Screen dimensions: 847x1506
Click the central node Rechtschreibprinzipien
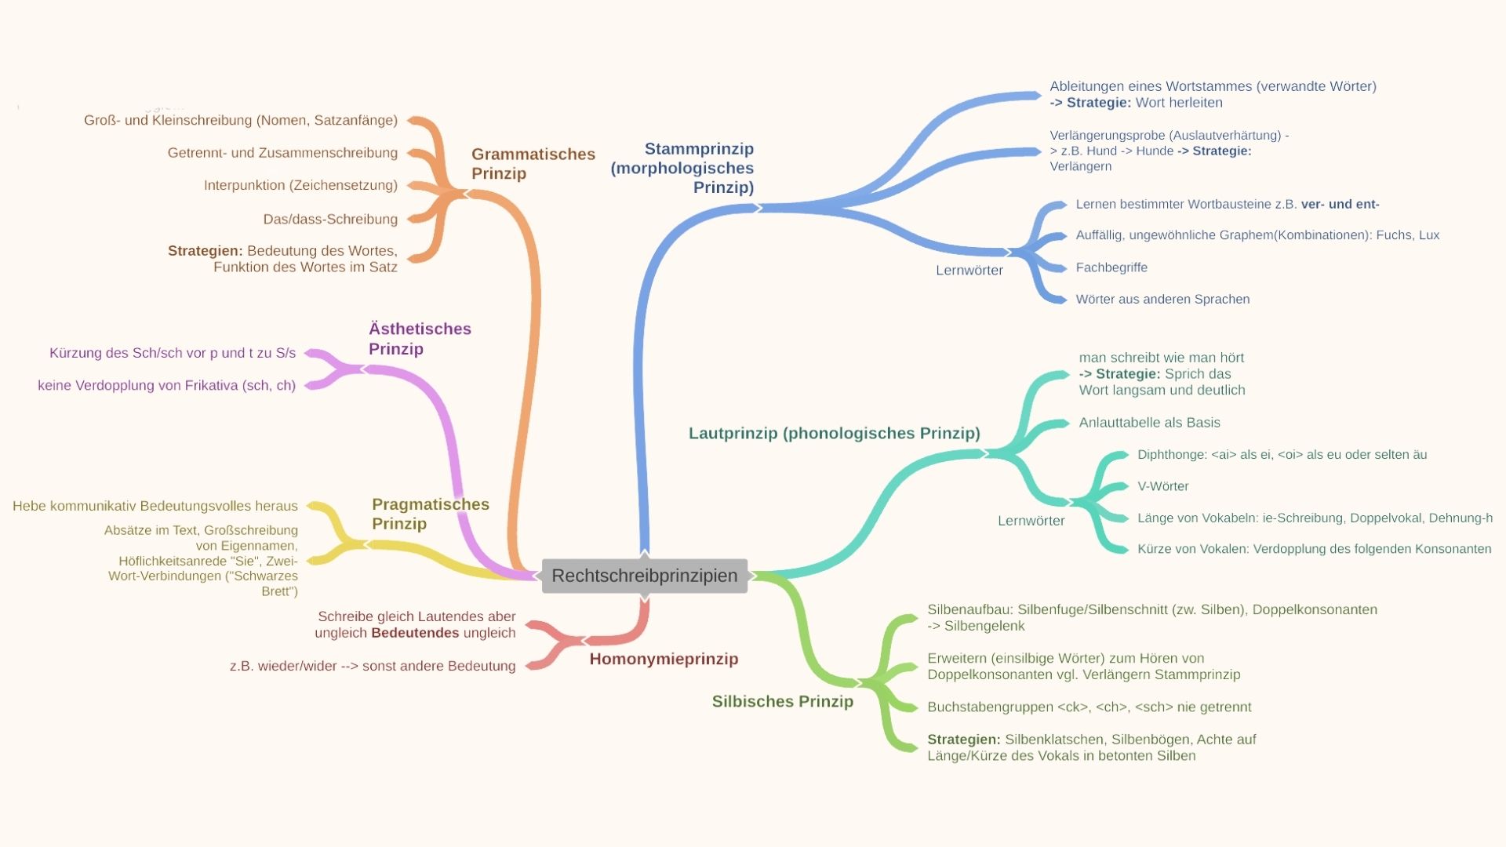pos(644,576)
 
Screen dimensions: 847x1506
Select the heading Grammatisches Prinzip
pos(533,164)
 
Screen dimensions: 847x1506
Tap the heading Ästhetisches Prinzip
pos(420,339)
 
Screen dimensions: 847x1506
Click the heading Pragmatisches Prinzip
pos(430,514)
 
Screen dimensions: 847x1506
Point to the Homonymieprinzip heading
pos(664,659)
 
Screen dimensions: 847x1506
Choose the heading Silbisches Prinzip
pos(782,702)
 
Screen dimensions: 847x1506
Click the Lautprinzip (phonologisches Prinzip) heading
pos(834,434)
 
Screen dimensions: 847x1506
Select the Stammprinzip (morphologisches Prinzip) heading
pos(682,168)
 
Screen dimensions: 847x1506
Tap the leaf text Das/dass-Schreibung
pos(330,220)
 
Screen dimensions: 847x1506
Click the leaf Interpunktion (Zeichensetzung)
pos(300,186)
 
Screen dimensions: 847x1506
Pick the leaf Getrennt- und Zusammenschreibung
pos(282,153)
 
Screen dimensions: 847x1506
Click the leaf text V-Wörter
pos(1162,486)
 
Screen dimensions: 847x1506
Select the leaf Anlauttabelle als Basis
pos(1149,423)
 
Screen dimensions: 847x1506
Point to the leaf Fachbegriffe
pos(1111,267)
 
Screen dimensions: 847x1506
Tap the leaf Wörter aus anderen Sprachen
pos(1162,300)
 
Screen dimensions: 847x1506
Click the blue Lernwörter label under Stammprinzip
pos(969,271)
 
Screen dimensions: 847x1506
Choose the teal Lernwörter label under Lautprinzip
pos(1031,521)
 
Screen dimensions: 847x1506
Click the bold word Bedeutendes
pos(415,633)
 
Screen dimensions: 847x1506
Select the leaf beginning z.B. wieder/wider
pos(373,667)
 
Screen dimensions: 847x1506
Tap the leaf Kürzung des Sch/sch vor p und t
pos(173,353)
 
